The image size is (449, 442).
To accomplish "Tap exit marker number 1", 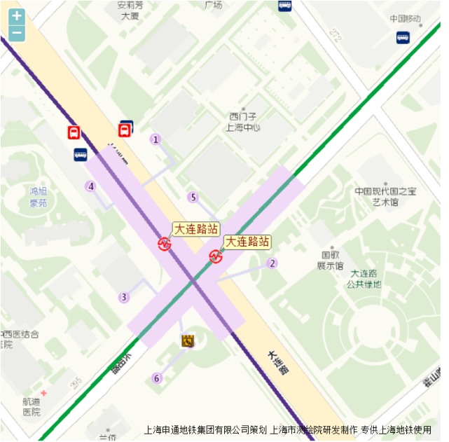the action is pyautogui.click(x=156, y=139).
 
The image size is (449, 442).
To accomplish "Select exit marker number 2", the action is pyautogui.click(x=272, y=263).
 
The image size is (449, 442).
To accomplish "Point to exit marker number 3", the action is pyautogui.click(x=124, y=297).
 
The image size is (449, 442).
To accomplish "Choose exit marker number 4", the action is pyautogui.click(x=90, y=186).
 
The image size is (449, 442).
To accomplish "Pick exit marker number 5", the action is pyautogui.click(x=193, y=197).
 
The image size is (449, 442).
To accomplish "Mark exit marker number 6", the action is pyautogui.click(x=156, y=378).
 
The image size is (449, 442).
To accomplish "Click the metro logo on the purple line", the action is pyautogui.click(x=165, y=244).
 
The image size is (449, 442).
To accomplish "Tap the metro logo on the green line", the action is pyautogui.click(x=216, y=256).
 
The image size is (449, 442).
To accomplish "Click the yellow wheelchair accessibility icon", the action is pyautogui.click(x=187, y=340).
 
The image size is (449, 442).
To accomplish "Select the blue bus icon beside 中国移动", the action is pyautogui.click(x=402, y=36).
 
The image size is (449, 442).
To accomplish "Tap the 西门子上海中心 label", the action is pyautogui.click(x=243, y=122).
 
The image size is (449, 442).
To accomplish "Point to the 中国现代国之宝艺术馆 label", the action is pyautogui.click(x=385, y=196).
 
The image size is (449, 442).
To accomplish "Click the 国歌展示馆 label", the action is pyautogui.click(x=331, y=261).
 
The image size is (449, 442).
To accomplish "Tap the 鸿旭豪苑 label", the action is pyautogui.click(x=38, y=197).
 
